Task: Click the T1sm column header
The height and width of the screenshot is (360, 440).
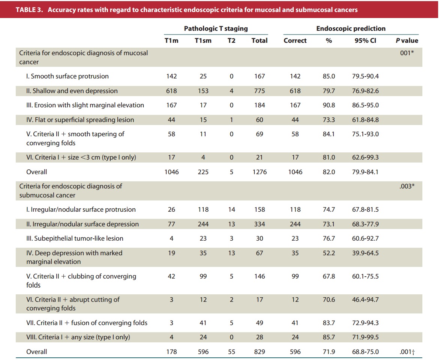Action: click(x=203, y=41)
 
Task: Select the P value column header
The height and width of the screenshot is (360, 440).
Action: click(x=407, y=41)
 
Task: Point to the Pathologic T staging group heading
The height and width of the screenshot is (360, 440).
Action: click(x=216, y=29)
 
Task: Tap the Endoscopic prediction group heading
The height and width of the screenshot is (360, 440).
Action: click(x=351, y=29)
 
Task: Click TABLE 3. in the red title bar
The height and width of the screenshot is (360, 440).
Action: click(x=29, y=10)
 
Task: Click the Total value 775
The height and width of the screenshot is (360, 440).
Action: click(x=260, y=91)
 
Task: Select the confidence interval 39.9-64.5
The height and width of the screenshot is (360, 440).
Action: click(x=365, y=253)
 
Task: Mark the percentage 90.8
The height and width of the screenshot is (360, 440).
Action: click(x=329, y=105)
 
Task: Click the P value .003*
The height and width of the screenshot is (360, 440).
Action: click(x=407, y=186)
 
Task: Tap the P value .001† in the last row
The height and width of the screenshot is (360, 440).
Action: click(x=407, y=352)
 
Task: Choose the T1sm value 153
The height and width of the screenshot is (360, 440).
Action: click(x=203, y=91)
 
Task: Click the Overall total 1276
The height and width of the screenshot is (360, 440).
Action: click(x=260, y=172)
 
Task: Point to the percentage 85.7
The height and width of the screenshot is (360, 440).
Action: click(x=329, y=337)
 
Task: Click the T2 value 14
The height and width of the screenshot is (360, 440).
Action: click(x=231, y=210)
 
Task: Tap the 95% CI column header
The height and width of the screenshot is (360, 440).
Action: click(x=365, y=41)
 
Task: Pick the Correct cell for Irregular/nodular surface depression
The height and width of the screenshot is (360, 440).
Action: click(x=295, y=224)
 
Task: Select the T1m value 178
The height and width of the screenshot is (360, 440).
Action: click(x=171, y=352)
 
